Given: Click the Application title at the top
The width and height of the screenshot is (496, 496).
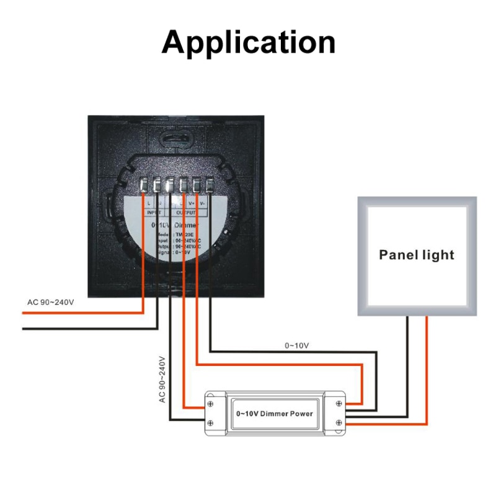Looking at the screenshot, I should click(x=248, y=42).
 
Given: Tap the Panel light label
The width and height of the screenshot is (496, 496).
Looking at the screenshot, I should click(x=417, y=255).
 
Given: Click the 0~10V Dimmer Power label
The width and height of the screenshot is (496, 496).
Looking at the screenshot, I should click(x=274, y=414).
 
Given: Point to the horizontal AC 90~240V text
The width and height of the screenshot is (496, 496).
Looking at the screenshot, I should click(x=50, y=303).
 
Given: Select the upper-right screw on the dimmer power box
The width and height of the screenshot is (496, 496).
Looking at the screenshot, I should click(x=339, y=404).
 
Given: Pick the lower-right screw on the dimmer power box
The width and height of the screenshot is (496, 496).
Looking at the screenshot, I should click(x=339, y=423).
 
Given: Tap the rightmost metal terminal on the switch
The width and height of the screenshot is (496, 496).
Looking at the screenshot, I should click(x=210, y=185).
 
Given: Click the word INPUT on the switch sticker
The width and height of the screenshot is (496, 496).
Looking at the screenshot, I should click(x=153, y=212).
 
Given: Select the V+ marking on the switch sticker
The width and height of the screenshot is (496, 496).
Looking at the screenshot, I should click(x=192, y=203).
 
